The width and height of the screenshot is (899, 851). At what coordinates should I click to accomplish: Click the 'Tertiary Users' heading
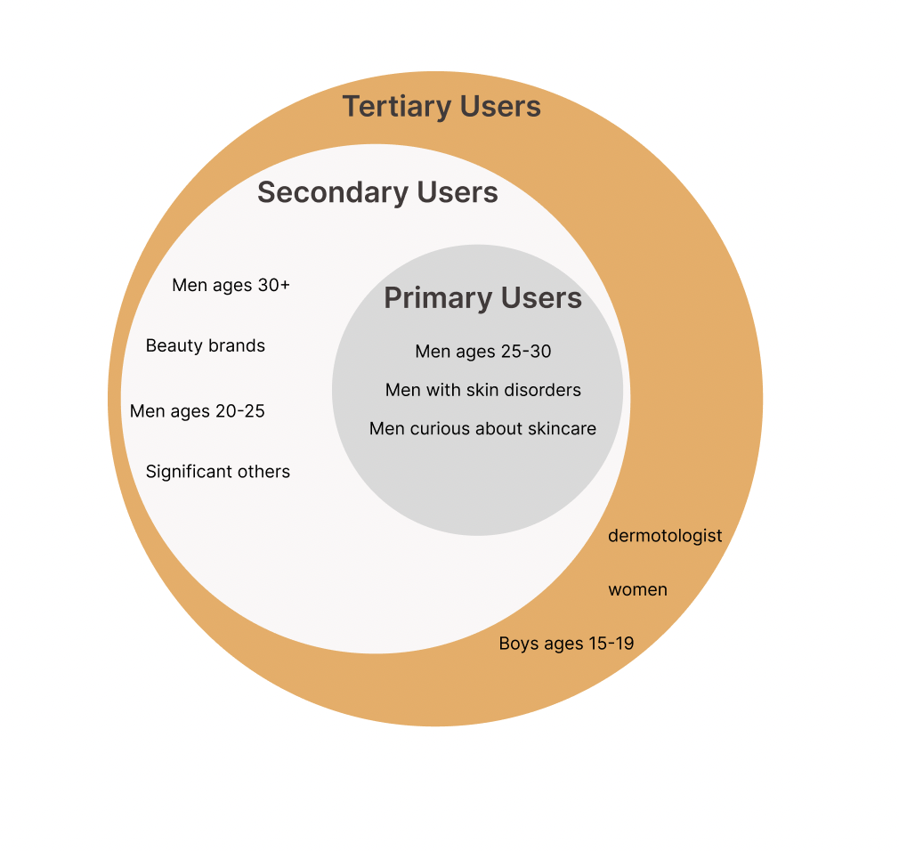(x=441, y=107)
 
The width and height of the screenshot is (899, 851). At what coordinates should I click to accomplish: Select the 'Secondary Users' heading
(x=377, y=192)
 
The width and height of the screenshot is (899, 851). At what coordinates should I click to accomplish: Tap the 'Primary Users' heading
(x=482, y=298)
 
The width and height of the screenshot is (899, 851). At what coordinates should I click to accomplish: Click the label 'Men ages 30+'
(x=231, y=286)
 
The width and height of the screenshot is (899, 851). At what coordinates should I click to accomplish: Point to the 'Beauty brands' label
(x=206, y=345)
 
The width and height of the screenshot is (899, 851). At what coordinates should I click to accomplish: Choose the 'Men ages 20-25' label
(x=197, y=411)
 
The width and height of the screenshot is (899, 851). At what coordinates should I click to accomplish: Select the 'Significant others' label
(x=218, y=472)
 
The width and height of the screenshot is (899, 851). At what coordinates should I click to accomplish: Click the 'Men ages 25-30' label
(x=483, y=352)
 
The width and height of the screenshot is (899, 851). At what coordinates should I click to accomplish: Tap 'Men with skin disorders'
(x=483, y=390)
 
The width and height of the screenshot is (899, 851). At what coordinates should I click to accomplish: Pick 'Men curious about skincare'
(x=482, y=429)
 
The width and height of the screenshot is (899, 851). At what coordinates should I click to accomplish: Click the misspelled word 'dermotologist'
(x=665, y=536)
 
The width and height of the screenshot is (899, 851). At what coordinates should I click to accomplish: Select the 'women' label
(x=637, y=590)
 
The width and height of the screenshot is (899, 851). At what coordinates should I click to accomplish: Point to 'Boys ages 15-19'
(x=566, y=644)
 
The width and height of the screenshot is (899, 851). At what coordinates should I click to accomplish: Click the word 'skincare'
(x=562, y=429)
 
